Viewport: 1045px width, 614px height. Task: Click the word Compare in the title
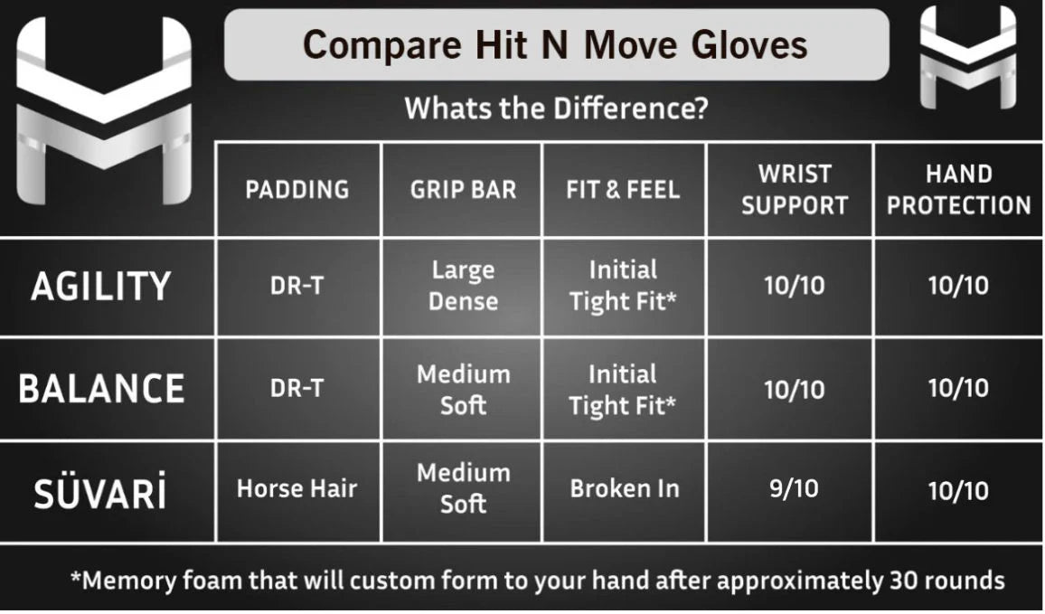[x=381, y=45]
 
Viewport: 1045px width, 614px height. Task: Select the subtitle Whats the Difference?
[x=557, y=108]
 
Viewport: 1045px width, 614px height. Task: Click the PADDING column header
[x=297, y=190]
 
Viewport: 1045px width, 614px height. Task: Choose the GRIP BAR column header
[x=463, y=190]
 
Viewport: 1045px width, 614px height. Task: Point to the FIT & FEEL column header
[x=623, y=190]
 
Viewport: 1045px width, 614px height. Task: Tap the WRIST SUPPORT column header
[x=795, y=189]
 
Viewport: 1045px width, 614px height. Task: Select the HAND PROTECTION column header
[x=959, y=189]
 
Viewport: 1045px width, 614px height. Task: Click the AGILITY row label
[x=101, y=287]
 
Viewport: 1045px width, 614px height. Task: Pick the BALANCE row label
[x=101, y=389]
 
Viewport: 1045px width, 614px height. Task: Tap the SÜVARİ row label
[x=100, y=492]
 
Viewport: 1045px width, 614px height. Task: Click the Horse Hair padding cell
[x=297, y=488]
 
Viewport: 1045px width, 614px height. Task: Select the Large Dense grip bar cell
[x=463, y=286]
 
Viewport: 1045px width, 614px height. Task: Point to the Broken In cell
[x=625, y=488]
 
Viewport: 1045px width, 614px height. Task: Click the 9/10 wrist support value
[x=794, y=488]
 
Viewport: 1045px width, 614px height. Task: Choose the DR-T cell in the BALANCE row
[x=297, y=388]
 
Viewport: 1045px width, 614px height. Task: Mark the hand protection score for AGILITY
[x=958, y=286]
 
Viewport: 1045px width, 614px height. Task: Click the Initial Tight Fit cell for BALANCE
[x=623, y=390]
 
